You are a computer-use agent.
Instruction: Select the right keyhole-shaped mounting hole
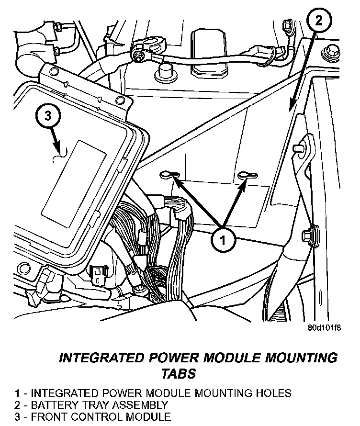[247, 176]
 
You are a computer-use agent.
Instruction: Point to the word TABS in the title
[179, 373]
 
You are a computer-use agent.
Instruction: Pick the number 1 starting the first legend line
[17, 393]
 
